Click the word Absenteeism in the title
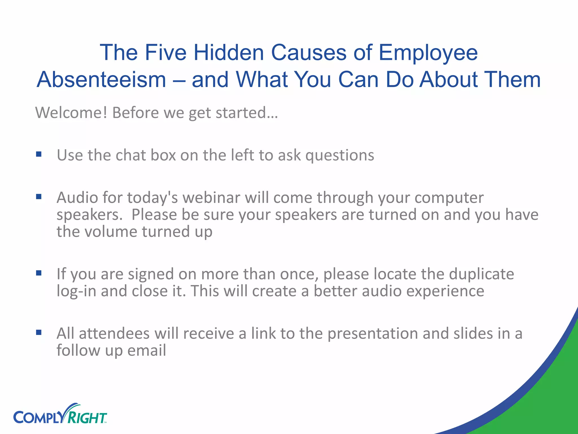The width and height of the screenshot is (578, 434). [x=102, y=80]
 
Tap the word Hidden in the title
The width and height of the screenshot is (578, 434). [x=229, y=53]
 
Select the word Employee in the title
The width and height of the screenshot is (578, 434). [x=428, y=53]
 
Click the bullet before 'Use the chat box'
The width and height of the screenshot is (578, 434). [x=39, y=154]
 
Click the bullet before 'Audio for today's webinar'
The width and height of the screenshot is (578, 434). [x=39, y=197]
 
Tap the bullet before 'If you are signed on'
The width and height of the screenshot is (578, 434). [x=39, y=273]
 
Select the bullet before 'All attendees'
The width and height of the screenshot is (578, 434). [x=39, y=333]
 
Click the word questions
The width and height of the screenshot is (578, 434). [x=340, y=155]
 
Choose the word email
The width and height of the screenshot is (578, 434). [x=146, y=350]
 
